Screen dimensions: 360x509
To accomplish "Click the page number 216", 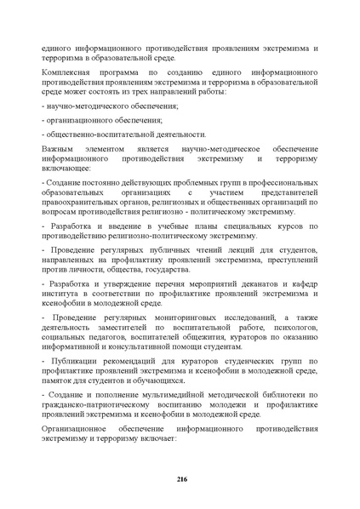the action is [181, 480].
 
